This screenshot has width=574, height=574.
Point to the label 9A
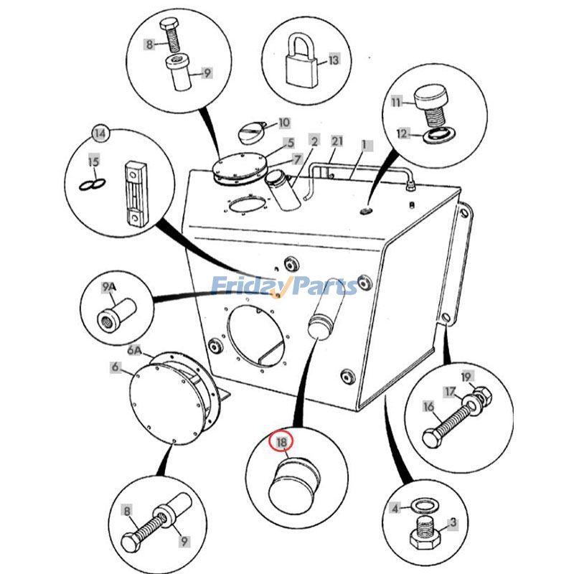[x=108, y=288]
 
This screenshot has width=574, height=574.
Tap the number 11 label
[x=397, y=103]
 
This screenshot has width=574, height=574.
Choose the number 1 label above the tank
[x=364, y=144]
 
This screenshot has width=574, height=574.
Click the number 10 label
[x=283, y=123]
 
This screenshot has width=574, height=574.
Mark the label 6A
[x=135, y=351]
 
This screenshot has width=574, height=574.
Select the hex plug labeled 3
[x=428, y=537]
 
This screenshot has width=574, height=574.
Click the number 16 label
[x=428, y=407]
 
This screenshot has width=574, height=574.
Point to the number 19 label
[x=466, y=377]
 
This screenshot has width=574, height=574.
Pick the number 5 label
[x=291, y=143]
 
